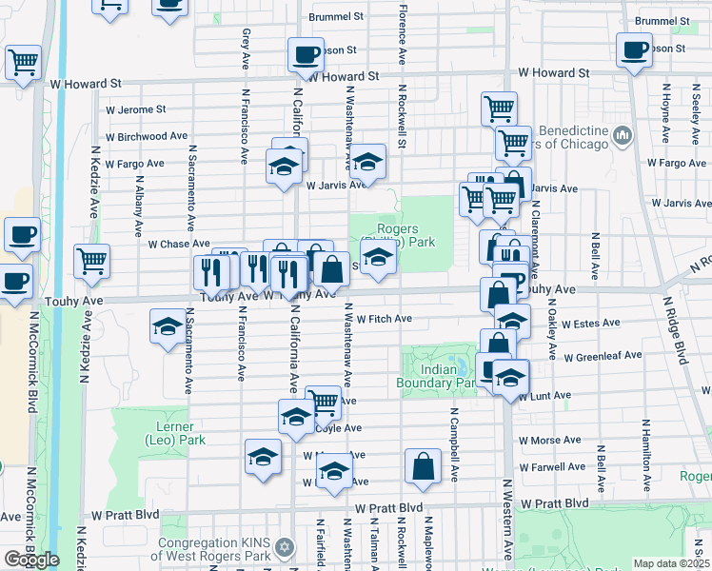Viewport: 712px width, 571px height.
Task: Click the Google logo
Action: pos(30,560)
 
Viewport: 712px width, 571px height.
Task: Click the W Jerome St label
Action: pos(135,109)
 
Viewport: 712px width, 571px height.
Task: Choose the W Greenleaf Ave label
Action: pos(602,358)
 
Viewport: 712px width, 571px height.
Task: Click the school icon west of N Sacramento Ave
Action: pos(168,326)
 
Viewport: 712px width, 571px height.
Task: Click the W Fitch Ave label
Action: pos(384,319)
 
